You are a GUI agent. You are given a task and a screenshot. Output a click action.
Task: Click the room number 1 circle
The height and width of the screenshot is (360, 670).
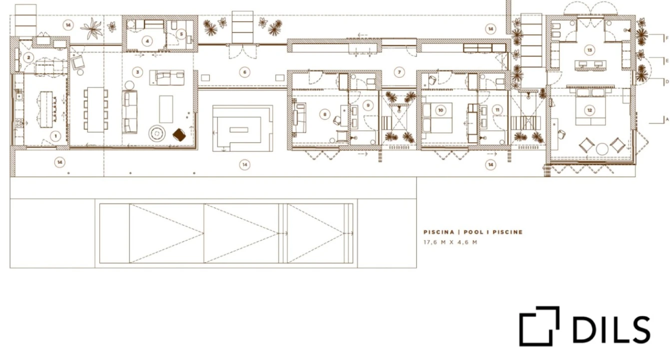point(55,136)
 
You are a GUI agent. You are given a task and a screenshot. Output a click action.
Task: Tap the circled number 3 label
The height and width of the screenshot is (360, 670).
point(137,72)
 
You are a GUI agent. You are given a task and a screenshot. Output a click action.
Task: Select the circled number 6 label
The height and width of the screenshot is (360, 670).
point(245,72)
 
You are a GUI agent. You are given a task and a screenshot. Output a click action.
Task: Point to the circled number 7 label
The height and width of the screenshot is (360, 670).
point(399,72)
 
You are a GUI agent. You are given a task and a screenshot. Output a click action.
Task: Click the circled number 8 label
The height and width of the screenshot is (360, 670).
point(325,114)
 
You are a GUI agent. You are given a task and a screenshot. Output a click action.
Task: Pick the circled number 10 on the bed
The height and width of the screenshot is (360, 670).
point(441,110)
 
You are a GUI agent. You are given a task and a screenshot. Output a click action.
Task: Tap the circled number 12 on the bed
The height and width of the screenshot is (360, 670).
point(590,110)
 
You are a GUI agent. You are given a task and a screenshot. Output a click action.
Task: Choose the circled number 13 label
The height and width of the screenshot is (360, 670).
point(590,50)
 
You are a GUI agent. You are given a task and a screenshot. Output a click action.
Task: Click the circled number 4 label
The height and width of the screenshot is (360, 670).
point(147,41)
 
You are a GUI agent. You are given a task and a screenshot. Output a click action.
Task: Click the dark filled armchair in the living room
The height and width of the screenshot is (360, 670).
point(179,135)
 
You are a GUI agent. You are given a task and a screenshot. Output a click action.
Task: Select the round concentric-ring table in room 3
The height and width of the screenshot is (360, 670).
point(157,133)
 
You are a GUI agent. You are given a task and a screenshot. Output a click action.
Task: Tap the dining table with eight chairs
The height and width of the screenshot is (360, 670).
point(96,109)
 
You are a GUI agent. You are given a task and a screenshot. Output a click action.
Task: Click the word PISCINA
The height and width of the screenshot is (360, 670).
point(439,232)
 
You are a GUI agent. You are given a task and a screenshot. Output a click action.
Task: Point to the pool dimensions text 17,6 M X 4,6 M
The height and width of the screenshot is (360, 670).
point(450,242)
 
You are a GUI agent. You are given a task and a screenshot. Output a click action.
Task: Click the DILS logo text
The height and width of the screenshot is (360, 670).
point(611,329)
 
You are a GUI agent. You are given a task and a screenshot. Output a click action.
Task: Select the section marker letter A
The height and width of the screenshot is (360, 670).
point(667,119)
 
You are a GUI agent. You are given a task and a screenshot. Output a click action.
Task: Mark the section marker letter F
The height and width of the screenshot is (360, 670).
point(667,38)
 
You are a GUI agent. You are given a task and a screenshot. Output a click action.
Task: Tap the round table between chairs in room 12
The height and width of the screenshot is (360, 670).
point(602,149)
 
